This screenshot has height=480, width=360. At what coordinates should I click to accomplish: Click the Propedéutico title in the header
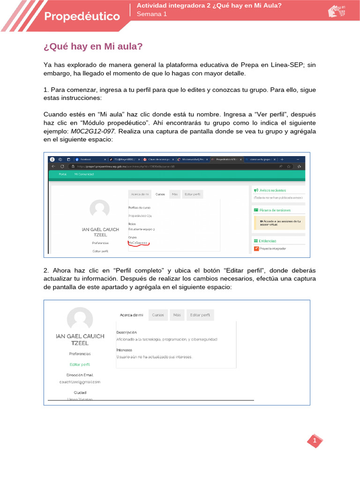pos(82,16)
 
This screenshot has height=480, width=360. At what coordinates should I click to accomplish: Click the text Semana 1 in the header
pos(151,14)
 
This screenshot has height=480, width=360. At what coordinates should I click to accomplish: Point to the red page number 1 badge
pos(315,441)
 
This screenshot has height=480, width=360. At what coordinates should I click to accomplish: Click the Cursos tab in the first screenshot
pos(160,194)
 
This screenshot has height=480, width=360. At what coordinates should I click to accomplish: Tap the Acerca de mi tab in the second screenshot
pos(131,315)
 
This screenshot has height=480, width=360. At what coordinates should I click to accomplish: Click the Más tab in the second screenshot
pos(177,315)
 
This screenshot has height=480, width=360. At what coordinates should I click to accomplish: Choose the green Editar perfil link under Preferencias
pos(80,364)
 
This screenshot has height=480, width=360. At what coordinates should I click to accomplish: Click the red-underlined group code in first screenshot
pos(138,243)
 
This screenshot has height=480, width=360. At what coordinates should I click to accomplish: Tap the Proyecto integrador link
pos(272,248)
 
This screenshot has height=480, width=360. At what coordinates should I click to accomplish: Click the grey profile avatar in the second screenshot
pos(80,319)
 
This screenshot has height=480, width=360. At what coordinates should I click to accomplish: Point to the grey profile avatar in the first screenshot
pos(99,209)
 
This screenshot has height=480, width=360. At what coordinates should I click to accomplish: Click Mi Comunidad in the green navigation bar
pos(84,174)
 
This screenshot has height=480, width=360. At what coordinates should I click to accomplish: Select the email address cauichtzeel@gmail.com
pos(80,382)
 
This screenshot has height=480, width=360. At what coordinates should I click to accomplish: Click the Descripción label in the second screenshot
pos(126,332)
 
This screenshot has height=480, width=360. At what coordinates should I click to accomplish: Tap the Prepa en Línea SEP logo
pos(336,11)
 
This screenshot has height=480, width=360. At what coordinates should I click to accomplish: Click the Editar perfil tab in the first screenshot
pos(194,194)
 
